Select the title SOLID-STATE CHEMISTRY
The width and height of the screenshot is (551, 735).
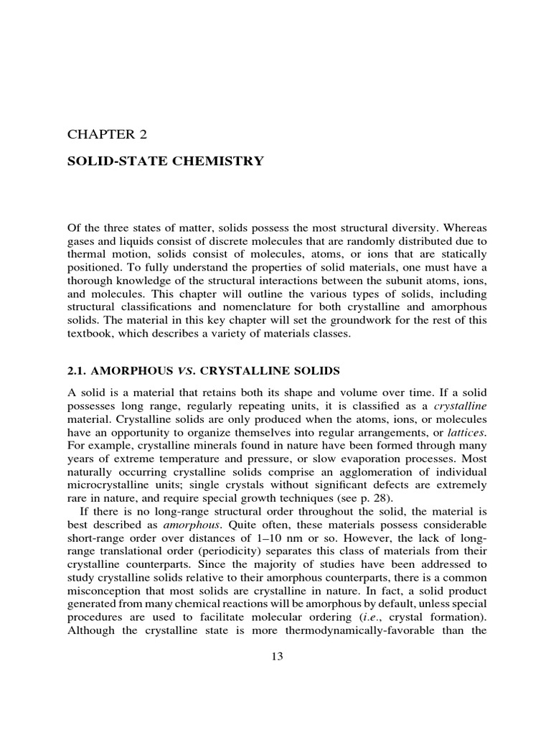click(165, 161)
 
